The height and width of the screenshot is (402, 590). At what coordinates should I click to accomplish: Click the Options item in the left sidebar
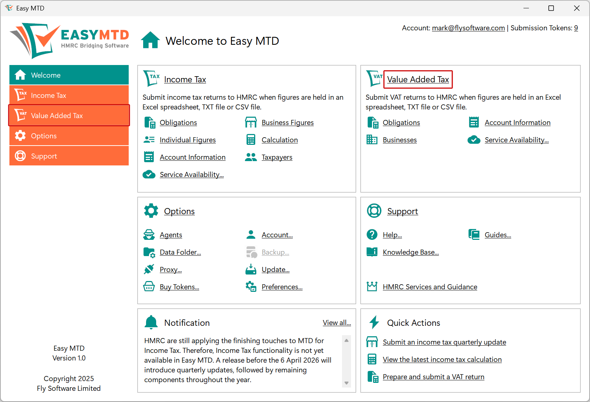pos(69,136)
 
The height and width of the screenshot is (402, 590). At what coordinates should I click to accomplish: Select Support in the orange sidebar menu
pos(69,156)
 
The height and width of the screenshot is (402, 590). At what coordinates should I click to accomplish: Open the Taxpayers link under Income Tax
pos(277,157)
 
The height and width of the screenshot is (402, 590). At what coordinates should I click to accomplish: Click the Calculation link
pos(279,140)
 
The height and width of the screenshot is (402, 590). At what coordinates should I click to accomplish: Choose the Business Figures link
pos(287,123)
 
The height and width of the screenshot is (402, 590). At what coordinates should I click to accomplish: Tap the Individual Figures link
pos(188,140)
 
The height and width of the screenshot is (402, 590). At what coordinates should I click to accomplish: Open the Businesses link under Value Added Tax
pos(399,140)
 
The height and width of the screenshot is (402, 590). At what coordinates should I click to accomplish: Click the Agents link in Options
pos(171,235)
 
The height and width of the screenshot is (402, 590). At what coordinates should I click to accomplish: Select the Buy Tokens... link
pos(179,287)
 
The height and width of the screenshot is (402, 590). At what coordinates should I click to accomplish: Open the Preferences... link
pos(282,287)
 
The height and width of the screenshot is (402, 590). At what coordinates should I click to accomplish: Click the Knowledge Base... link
pos(411,252)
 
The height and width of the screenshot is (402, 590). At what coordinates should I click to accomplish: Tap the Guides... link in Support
pos(498,235)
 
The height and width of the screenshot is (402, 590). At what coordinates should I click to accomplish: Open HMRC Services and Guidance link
pos(430,287)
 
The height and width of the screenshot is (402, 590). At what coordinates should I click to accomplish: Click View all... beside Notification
pos(337,323)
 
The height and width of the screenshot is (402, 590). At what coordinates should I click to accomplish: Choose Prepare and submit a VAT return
pos(433,377)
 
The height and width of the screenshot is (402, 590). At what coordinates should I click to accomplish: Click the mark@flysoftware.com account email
pos(468,28)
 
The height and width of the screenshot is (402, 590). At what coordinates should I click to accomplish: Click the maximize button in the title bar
pos(551,8)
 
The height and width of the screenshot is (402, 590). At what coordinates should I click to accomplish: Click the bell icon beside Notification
pos(151,322)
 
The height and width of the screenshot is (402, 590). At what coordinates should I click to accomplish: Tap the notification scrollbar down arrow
pos(346,383)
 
